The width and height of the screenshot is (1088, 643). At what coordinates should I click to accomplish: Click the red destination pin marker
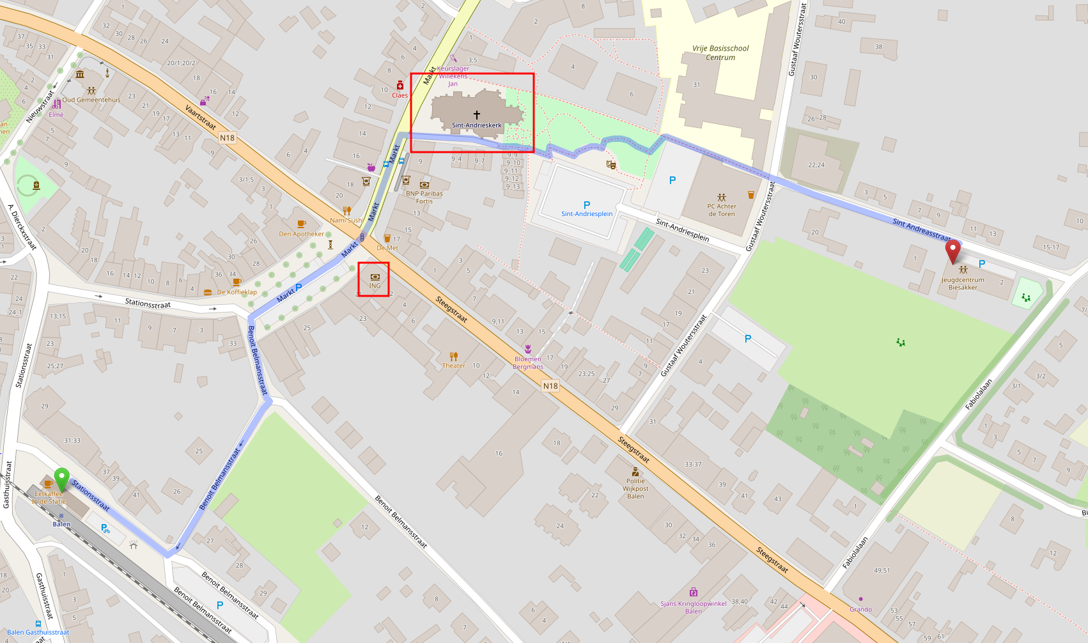click(x=952, y=250)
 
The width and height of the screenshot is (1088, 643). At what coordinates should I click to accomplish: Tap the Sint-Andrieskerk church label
click(x=476, y=125)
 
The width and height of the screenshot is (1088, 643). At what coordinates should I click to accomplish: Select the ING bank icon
click(x=375, y=277)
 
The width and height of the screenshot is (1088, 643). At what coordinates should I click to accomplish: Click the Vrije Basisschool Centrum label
click(x=720, y=53)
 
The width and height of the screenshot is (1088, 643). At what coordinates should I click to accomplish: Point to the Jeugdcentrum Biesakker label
click(x=963, y=284)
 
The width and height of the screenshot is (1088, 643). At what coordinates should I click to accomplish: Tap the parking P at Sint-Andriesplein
click(x=587, y=205)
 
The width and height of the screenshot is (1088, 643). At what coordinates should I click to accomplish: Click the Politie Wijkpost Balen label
click(x=635, y=489)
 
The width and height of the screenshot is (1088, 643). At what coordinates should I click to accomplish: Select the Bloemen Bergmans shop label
click(x=528, y=363)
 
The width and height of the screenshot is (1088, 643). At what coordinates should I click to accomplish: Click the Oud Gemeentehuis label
click(x=91, y=100)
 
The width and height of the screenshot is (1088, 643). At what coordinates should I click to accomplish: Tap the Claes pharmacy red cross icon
click(x=400, y=85)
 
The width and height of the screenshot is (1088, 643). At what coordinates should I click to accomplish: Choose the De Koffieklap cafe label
click(x=237, y=292)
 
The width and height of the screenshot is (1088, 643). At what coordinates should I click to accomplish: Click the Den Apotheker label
click(x=302, y=234)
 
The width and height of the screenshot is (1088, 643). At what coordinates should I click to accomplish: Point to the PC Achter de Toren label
click(x=722, y=210)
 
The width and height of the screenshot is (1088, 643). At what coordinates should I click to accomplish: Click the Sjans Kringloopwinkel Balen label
click(x=694, y=607)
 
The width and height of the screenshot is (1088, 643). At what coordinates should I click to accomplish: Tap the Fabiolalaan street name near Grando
click(x=855, y=553)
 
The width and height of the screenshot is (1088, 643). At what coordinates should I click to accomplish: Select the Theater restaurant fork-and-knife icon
click(x=454, y=356)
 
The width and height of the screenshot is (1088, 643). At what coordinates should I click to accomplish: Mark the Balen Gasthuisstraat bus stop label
click(x=38, y=632)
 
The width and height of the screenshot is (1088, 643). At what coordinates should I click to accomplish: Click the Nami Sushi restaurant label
click(x=346, y=220)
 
